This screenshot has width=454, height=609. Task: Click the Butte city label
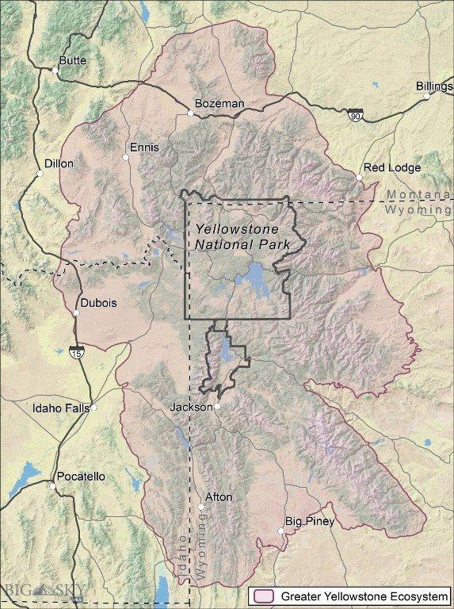73,60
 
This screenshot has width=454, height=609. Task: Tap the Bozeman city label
220,103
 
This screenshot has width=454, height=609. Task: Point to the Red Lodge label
391,168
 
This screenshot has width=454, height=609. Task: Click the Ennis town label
144,147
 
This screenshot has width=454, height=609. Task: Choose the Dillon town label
59,163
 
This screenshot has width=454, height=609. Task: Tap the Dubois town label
97,302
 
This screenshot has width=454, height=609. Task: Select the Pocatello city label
80,477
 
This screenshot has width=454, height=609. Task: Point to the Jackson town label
191,407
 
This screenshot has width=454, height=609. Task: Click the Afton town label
219,496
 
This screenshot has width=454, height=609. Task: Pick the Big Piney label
310,521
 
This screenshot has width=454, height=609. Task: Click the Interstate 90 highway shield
356,116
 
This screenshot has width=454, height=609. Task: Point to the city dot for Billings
425,97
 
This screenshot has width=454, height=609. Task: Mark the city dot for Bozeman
190,113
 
